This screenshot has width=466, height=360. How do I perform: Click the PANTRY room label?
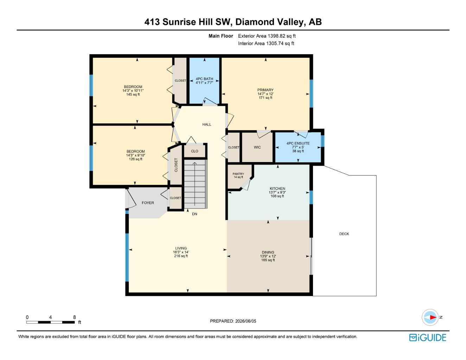coord(238,174)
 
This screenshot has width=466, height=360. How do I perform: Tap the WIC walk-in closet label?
coord(257,147)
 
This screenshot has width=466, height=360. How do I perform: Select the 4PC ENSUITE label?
coord(298,143)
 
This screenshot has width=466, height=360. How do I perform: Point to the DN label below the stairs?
coord(194,214)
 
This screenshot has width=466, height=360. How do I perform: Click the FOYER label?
coord(148,203)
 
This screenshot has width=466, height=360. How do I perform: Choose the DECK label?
coord(344,234)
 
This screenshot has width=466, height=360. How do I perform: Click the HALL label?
coord(207,124)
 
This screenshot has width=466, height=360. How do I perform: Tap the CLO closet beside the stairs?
coord(194,151)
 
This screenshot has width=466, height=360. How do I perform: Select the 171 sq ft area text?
coord(266,97)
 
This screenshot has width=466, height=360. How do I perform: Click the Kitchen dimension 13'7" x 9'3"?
coord(277,192)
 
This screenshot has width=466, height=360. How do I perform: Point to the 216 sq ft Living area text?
coord(181,256)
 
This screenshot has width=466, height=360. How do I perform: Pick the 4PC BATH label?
coord(204,79)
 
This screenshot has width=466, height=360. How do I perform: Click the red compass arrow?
coord(433,317)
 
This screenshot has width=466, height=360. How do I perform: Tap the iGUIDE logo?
coord(428,337)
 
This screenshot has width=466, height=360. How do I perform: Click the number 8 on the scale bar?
coord(75,317)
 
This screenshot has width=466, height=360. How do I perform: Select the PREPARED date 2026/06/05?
coord(245,321)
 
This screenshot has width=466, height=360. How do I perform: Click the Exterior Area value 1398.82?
coord(276,36)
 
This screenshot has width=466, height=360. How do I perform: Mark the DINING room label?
coord(268,252)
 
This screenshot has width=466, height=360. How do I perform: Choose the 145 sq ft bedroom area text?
coord(133,94)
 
